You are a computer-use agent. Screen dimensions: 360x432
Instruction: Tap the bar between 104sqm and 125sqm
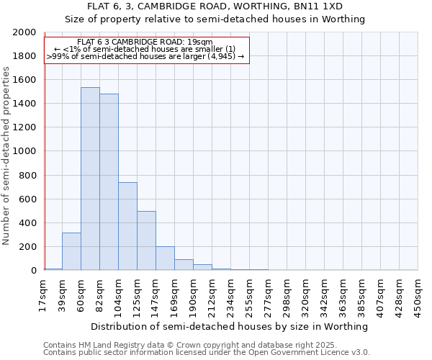pos(127,226)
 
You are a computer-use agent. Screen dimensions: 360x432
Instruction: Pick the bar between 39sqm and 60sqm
pos(71,251)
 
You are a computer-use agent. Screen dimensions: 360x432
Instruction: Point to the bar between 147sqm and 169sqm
pos(165,258)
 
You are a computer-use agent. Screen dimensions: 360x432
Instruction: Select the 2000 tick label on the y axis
pos(24,32)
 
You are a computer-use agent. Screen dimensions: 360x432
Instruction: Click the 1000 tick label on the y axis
pos(24,151)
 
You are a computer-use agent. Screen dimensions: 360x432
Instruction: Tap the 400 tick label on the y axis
pos(27,222)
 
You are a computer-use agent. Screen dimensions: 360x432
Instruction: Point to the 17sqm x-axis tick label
pos(44,295)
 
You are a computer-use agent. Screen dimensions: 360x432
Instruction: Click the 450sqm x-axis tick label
pos(418,295)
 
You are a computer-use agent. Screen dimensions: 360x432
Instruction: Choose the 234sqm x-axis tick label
pos(231,295)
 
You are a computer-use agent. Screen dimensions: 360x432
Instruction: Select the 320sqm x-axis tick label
pos(306,295)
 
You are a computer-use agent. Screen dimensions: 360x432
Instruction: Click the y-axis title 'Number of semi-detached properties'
pos(6,156)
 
